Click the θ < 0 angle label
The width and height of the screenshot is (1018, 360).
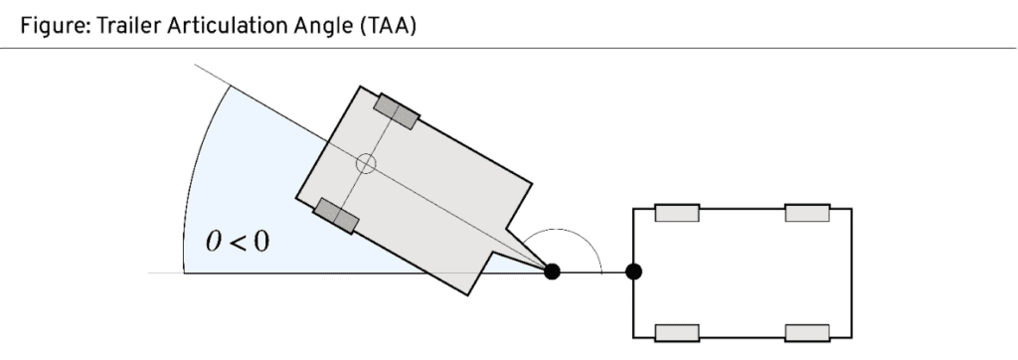[237, 243]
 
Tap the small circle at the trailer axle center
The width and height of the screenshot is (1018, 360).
[366, 164]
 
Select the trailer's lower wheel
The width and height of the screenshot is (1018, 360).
[336, 215]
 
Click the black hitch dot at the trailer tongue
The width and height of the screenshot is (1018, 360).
[553, 270]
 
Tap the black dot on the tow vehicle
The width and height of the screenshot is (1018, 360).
[633, 270]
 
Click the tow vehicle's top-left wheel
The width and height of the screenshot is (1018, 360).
[676, 213]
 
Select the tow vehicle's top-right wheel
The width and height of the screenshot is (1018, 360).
[806, 213]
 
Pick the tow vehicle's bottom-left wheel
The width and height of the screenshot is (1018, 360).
[676, 331]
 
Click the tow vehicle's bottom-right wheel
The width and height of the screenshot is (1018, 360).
[806, 331]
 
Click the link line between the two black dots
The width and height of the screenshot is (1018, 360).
[594, 270]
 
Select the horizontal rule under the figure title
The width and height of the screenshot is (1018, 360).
[509, 48]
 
